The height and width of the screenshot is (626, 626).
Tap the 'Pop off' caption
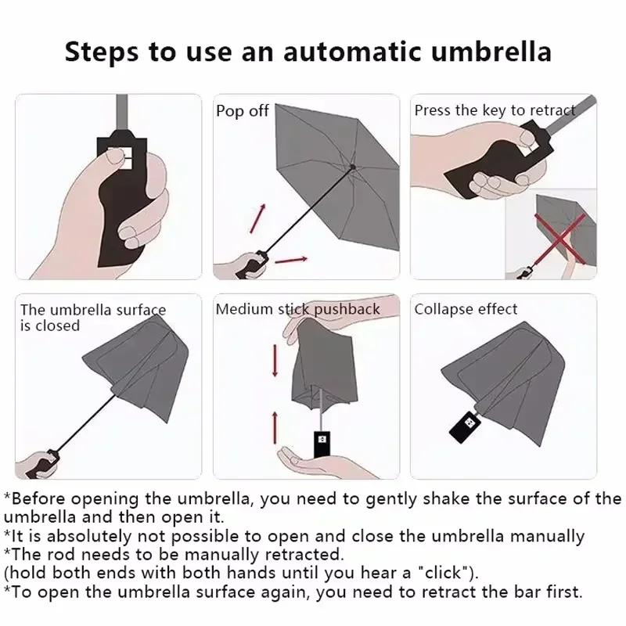pos(242,111)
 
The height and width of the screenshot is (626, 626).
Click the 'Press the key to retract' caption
pos(495,110)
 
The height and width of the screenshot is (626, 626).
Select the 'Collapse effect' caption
pos(466,309)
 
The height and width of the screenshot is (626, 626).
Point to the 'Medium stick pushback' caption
pos(297,309)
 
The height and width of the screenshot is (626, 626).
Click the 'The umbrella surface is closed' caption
pos(92,317)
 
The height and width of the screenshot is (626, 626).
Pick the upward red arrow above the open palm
pos(275,426)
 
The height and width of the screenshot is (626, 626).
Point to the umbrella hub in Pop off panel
pos(354,167)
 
